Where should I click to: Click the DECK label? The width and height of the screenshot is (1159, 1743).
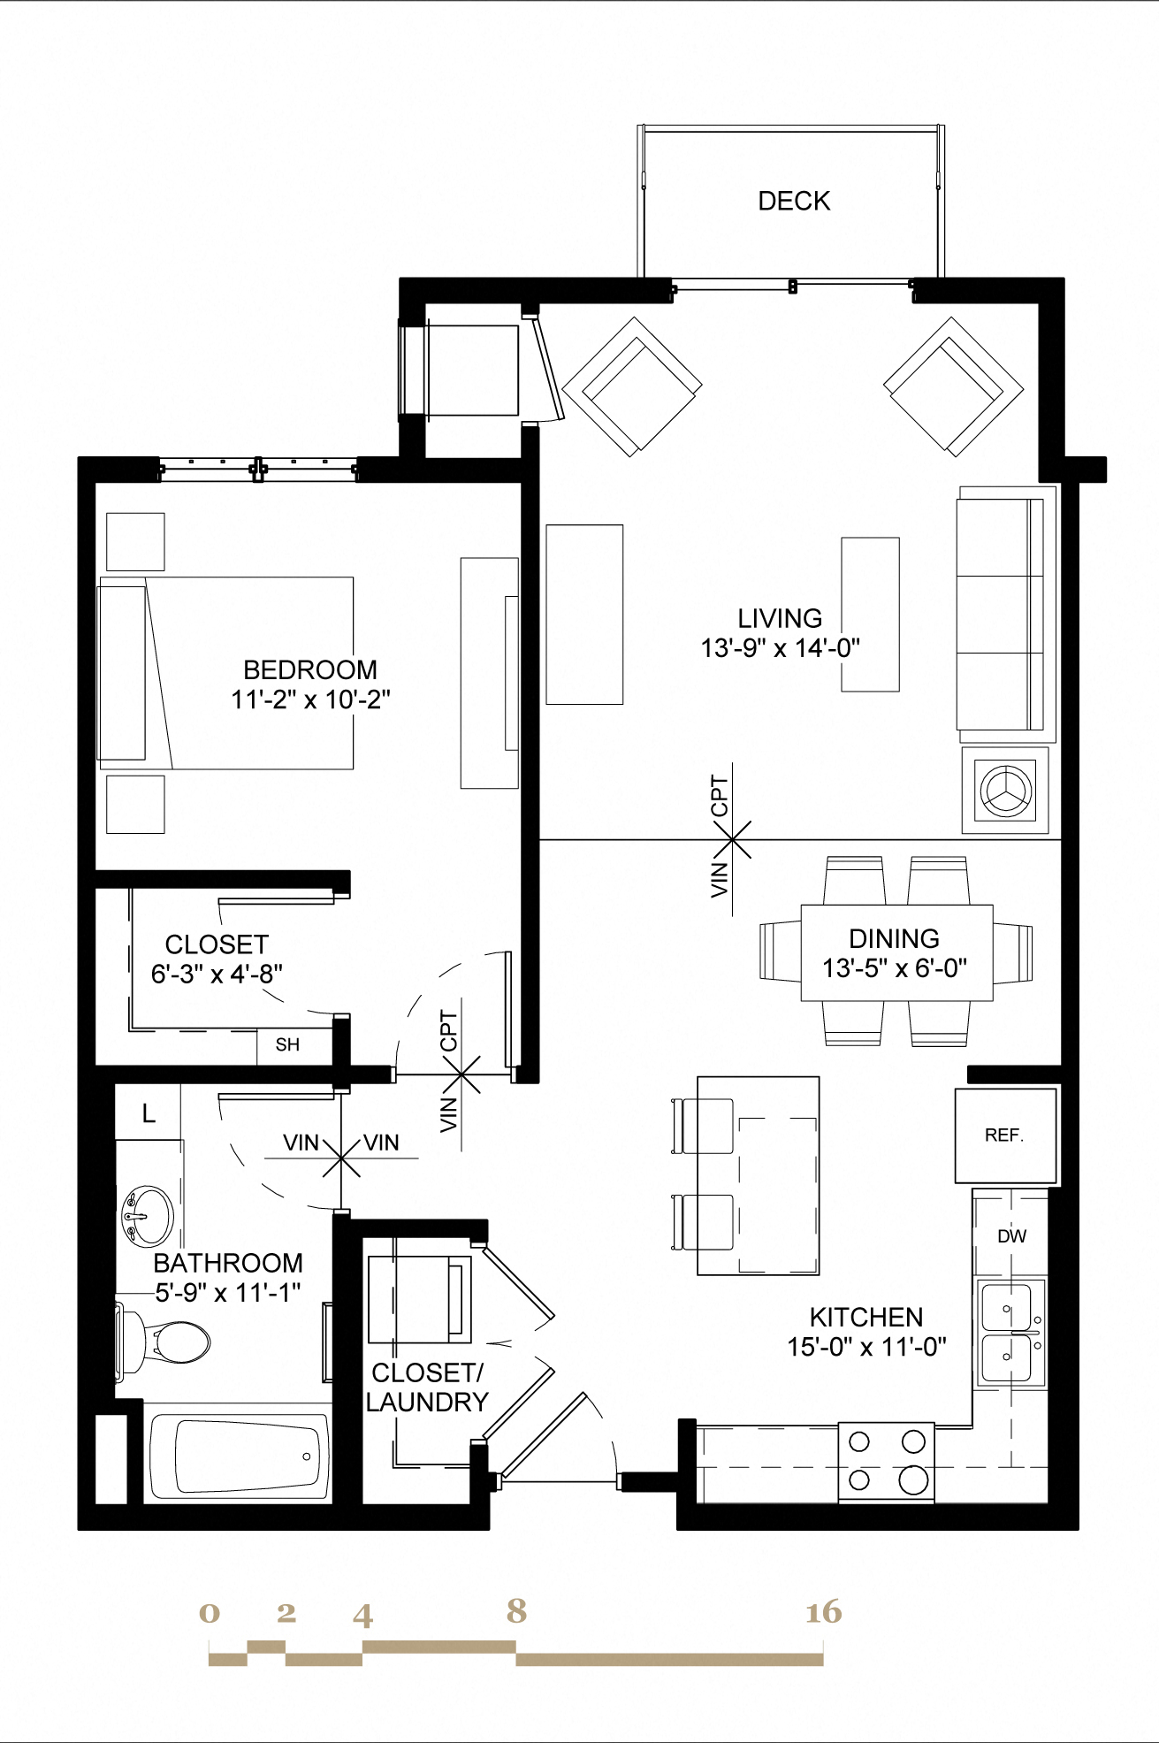[x=794, y=201]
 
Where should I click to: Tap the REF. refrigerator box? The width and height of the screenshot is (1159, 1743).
[x=1005, y=1135]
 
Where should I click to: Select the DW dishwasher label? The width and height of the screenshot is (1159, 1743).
[x=1011, y=1235]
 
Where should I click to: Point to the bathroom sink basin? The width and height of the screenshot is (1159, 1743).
[x=148, y=1217]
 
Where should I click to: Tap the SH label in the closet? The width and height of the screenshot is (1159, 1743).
[x=287, y=1044]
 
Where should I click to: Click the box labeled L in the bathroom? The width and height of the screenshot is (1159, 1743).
[x=149, y=1113]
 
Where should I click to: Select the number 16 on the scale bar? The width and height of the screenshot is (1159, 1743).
[x=822, y=1612]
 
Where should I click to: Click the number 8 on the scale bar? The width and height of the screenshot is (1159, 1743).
[x=516, y=1610]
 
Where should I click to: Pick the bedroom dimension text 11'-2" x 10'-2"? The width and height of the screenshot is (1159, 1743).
[x=310, y=699]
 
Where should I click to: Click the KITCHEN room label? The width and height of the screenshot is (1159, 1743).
[x=865, y=1317]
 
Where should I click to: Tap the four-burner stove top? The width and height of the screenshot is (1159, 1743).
[x=886, y=1461]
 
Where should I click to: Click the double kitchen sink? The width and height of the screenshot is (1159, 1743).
[x=1009, y=1332]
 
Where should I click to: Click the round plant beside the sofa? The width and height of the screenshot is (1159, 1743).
[x=1005, y=790]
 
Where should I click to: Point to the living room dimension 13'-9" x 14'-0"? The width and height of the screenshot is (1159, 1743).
[x=780, y=648]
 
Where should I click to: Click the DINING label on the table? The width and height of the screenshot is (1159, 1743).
[x=894, y=938]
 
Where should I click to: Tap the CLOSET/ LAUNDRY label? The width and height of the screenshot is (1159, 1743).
[x=427, y=1387]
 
